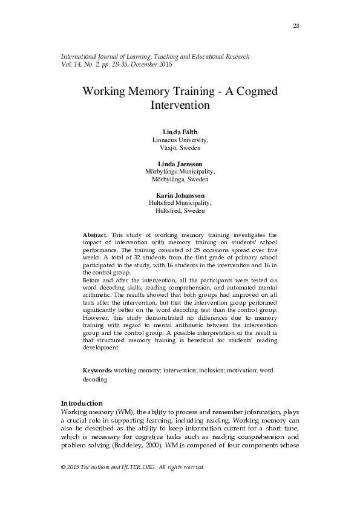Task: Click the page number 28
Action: pyautogui.click(x=296, y=25)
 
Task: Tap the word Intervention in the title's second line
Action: pyautogui.click(x=180, y=105)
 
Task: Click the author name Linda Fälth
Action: pyautogui.click(x=180, y=132)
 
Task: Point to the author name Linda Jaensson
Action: pyautogui.click(x=180, y=164)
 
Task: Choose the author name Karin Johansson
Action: pyautogui.click(x=180, y=196)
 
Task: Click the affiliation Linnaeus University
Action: pyautogui.click(x=180, y=140)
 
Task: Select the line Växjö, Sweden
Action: pyautogui.click(x=180, y=148)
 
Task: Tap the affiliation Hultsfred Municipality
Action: pyautogui.click(x=180, y=204)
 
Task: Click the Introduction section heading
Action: pyautogui.click(x=82, y=403)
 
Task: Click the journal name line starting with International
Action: pyautogui.click(x=155, y=56)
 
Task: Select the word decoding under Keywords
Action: pyautogui.click(x=95, y=380)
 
